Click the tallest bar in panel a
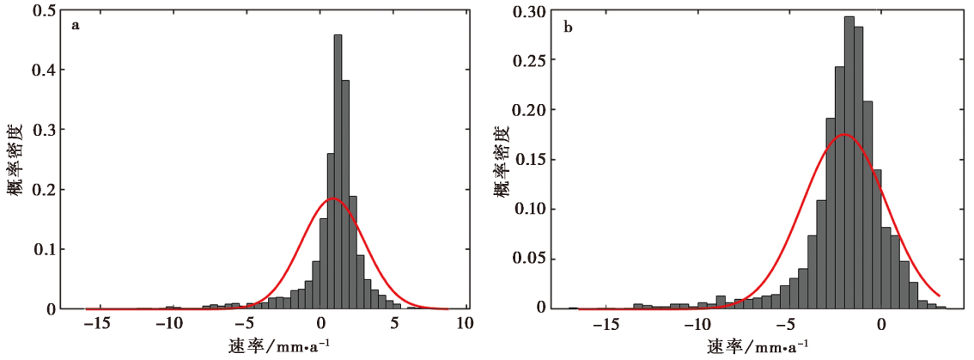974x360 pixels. (338, 172)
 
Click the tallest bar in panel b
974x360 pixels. (849, 163)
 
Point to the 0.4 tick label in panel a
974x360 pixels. (49, 70)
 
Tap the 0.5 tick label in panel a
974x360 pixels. (49, 9)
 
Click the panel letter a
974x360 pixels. (75, 25)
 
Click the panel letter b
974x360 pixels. (568, 27)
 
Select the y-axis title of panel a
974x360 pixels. (17, 159)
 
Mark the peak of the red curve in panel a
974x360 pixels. (333, 198)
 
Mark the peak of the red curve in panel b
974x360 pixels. (846, 134)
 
